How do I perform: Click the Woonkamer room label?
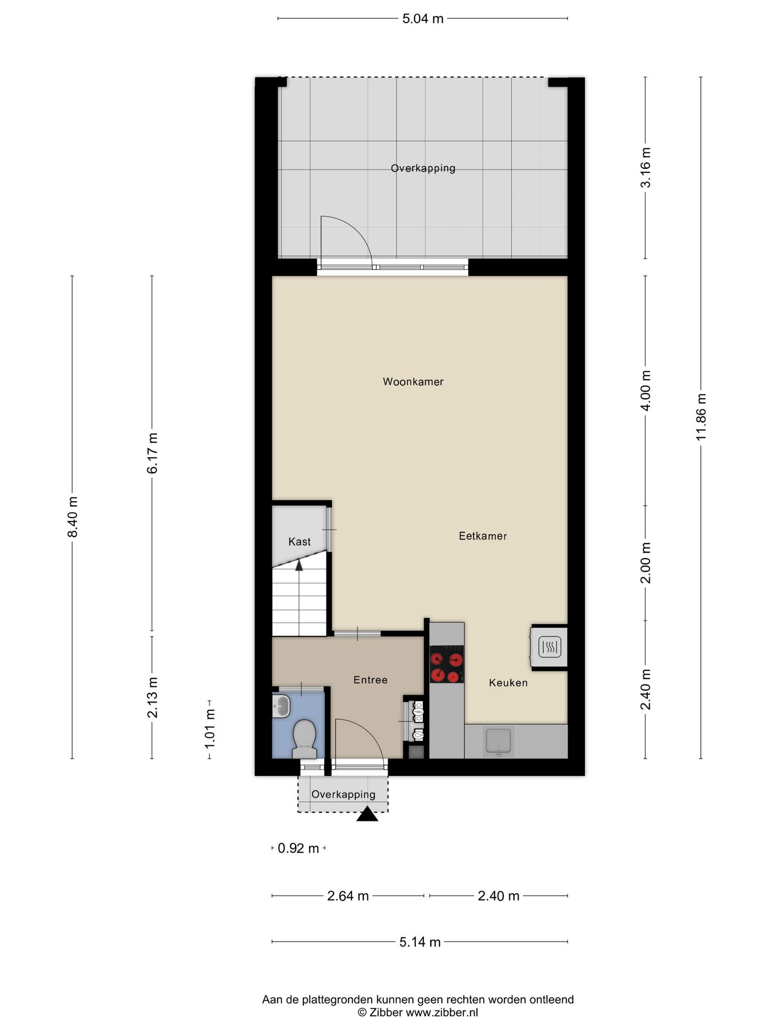click(x=413, y=382)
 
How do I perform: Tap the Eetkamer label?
click(x=483, y=536)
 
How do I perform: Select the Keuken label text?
click(x=508, y=683)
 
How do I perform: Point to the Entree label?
click(x=370, y=680)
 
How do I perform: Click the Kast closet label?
click(x=299, y=542)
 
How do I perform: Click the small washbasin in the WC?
click(x=281, y=706)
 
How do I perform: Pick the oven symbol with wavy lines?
click(x=550, y=647)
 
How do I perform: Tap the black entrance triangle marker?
click(x=367, y=814)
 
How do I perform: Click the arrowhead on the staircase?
click(x=299, y=565)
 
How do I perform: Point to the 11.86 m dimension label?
click(x=701, y=417)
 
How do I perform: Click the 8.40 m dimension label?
click(x=72, y=517)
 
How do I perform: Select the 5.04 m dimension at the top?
click(x=423, y=19)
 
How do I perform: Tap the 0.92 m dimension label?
click(x=298, y=848)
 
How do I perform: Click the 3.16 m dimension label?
click(x=645, y=168)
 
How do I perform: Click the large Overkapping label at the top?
click(x=423, y=168)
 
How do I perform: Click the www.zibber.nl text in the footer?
click(x=442, y=1012)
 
